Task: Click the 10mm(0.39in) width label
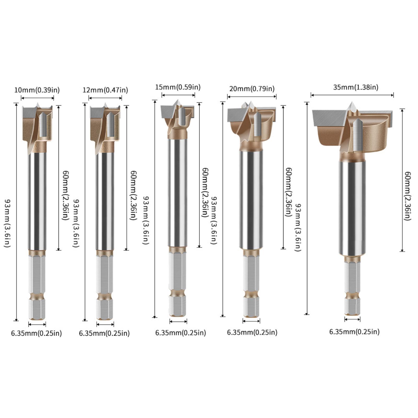pos(37,90)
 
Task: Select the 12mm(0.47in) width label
pos(105,90)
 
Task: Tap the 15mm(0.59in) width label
pos(178,87)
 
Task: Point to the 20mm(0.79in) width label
pos(252,89)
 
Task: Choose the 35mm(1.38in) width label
pos(356,87)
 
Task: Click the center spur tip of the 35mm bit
pos(352,102)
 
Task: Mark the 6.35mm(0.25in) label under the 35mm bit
pos(354,332)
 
